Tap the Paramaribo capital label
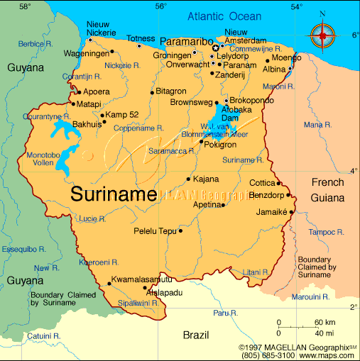[x=186, y=41]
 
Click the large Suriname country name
[x=114, y=194]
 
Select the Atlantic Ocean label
[x=224, y=16]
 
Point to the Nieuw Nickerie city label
[x=101, y=28]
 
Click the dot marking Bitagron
[x=151, y=92]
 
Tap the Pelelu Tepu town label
[x=155, y=231]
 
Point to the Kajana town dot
[x=188, y=179]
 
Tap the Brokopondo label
[x=252, y=101]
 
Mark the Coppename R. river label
[x=138, y=128]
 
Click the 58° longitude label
[x=26, y=6]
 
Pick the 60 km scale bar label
[x=325, y=323]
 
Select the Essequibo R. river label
[x=23, y=250]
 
